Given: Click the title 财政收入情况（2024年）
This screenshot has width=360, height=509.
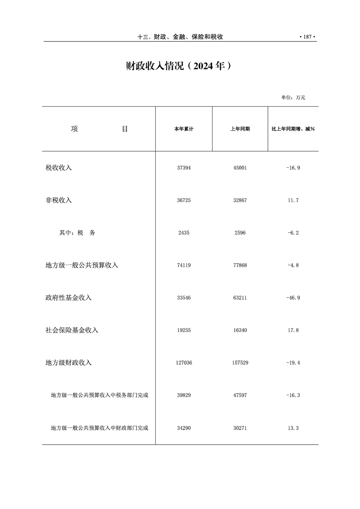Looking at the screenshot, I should point(179,66).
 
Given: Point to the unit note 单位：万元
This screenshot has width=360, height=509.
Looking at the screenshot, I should point(293,98).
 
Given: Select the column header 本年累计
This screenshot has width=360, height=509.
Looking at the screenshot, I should point(184,129).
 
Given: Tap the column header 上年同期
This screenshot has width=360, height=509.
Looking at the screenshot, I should point(240,129).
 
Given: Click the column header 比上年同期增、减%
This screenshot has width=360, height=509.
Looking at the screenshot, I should point(293,129).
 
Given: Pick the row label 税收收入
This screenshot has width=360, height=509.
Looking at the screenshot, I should point(59,168).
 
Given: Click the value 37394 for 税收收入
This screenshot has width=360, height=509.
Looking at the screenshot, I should point(184,168).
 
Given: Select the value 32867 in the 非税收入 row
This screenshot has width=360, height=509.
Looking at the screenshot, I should point(240,200).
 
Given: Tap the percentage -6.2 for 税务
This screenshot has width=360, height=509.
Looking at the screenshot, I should point(293,233).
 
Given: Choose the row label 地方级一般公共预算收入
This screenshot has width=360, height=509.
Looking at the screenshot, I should point(82,265).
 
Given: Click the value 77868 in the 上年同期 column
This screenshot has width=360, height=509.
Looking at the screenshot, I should point(240,265).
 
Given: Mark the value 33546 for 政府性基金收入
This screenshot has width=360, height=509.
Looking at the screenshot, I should point(184,298).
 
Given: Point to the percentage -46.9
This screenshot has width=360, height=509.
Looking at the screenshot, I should point(293,298).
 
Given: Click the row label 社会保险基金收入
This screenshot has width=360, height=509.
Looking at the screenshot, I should point(72,330).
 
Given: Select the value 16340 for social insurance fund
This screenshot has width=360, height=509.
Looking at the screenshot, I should point(240,330).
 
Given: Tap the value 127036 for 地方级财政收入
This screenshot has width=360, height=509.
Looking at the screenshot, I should point(184,363).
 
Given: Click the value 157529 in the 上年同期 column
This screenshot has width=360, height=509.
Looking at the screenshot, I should point(240,363).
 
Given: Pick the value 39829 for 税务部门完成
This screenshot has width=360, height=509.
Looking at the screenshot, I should point(184,395).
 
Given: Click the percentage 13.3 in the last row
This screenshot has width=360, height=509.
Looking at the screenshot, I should point(293,428).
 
